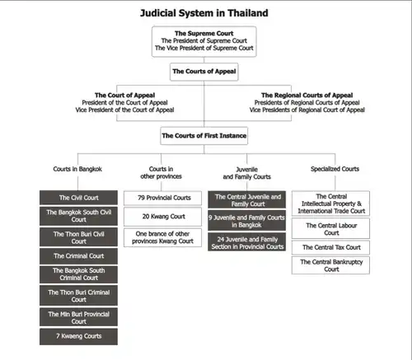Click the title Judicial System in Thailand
tap(204, 13)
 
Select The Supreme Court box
tap(204, 42)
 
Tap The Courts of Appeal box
tap(204, 72)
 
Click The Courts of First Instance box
tap(204, 136)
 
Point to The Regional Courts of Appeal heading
tap(307, 96)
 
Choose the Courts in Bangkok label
tap(77, 169)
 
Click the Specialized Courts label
tap(335, 169)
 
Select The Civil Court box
tap(78, 198)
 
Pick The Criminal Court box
tap(78, 256)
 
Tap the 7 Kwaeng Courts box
tap(78, 336)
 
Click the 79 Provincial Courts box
tap(162, 198)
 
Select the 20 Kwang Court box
tap(162, 217)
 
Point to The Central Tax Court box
tap(330, 247)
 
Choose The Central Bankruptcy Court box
tap(330, 265)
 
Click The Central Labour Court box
tap(330, 228)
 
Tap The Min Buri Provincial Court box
tap(78, 317)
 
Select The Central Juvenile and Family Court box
tap(246, 199)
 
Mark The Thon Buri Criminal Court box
tap(78, 296)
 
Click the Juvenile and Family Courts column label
tap(246, 173)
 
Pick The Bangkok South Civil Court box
tap(78, 216)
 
